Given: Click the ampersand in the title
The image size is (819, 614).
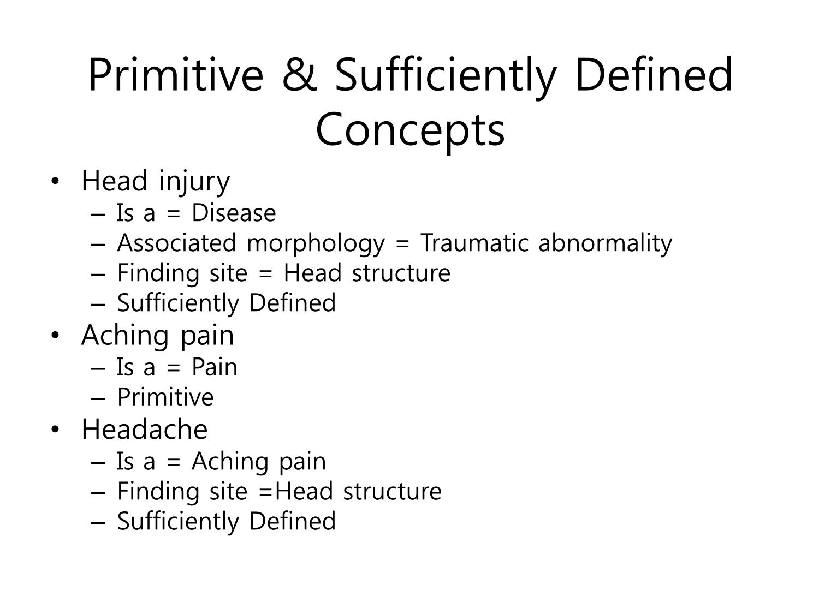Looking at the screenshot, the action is click(300, 74).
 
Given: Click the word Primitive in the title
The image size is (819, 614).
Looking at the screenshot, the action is click(176, 74).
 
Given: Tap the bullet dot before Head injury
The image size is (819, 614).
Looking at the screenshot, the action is click(55, 182).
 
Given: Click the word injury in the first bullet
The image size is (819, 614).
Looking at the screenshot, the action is click(194, 183).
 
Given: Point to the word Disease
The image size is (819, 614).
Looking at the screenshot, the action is click(234, 213).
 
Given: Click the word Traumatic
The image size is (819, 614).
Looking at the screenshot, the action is click(474, 243).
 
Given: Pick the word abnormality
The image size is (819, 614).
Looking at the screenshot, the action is click(605, 244).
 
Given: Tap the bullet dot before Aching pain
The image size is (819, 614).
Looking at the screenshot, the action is click(55, 335).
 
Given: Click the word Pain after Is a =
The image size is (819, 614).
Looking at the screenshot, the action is click(215, 367).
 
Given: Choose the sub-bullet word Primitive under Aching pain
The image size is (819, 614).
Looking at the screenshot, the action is click(165, 397).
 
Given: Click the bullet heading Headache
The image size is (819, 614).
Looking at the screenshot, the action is click(144, 429).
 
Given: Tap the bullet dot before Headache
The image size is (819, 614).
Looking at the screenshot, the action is click(55, 430).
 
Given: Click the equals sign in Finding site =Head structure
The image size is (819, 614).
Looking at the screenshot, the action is click(266, 492).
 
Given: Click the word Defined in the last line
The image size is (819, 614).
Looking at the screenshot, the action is click(293, 521).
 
